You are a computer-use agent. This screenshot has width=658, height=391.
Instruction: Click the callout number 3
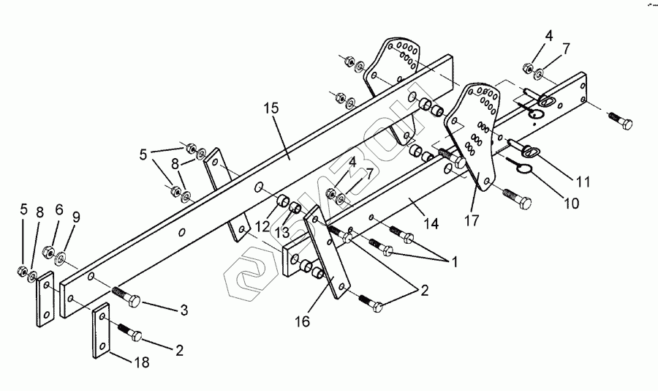(x=184, y=310)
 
